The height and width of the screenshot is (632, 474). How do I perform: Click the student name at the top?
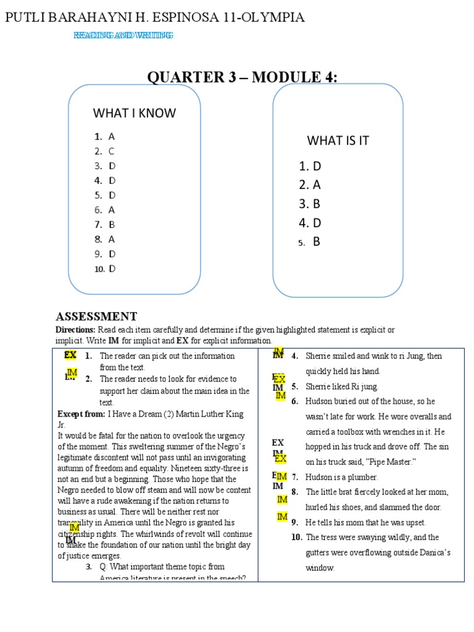point(154,17)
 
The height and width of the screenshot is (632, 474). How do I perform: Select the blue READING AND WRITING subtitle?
point(123,36)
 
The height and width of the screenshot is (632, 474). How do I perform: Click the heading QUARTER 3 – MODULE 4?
point(242,77)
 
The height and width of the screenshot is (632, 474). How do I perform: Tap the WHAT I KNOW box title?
point(134,113)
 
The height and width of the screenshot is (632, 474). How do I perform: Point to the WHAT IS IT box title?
point(338,141)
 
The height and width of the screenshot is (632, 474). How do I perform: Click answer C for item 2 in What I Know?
point(112,151)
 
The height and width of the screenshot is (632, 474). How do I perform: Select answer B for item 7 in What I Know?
point(112,225)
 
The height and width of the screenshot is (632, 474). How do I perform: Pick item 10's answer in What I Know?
point(112,268)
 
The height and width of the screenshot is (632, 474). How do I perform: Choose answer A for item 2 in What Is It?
point(317,185)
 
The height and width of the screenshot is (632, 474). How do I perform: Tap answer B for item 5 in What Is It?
point(317,242)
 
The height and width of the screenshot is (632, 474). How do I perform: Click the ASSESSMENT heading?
point(96,317)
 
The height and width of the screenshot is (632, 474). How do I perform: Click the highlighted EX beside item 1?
point(70,355)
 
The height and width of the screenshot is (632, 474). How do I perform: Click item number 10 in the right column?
point(297,537)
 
